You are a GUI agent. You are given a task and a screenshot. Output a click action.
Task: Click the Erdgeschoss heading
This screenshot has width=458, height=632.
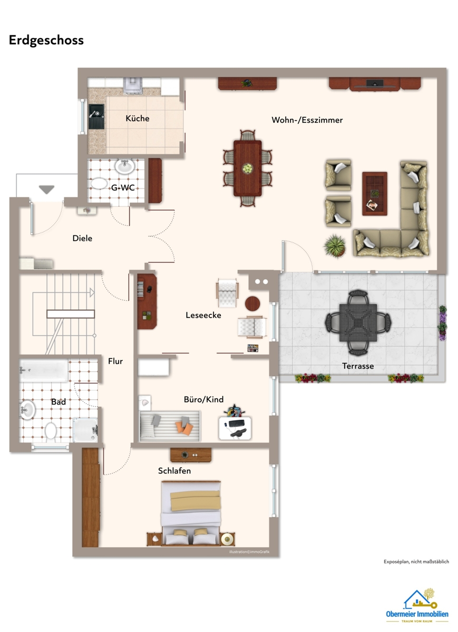[46, 41]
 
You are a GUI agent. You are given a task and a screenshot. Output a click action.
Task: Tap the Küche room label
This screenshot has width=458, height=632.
[138, 118]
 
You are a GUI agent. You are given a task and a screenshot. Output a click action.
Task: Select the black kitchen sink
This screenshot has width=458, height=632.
[96, 116]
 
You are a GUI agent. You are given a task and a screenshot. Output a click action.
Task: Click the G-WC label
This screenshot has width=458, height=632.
[123, 187]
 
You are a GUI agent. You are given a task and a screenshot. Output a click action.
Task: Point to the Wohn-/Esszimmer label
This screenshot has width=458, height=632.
[307, 120]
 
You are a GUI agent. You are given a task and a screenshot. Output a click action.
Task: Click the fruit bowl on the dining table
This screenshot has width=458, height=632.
[248, 169]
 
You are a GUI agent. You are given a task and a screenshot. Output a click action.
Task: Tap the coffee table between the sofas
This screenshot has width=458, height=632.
[375, 194]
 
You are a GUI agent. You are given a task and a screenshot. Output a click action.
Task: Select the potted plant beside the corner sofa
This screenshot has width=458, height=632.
[335, 246]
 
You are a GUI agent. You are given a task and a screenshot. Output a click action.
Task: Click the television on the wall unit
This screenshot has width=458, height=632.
[375, 83]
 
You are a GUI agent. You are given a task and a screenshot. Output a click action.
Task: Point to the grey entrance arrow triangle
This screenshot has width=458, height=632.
[46, 189]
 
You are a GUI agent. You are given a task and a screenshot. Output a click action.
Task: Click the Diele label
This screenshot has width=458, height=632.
[82, 239]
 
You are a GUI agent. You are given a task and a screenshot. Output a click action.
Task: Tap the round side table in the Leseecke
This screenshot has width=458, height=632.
[252, 303]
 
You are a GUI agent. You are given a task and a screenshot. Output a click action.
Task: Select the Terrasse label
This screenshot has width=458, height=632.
[358, 366]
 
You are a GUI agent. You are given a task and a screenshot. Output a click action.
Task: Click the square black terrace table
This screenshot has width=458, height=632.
[358, 322]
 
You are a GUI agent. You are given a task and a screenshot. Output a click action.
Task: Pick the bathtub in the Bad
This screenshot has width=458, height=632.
[44, 370]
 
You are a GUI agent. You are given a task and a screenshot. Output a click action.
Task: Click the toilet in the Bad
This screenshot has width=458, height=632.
[51, 430]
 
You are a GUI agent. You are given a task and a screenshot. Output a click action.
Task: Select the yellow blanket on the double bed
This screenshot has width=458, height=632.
[196, 500]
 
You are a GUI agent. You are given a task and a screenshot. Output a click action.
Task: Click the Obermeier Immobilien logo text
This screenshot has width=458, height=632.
[417, 614]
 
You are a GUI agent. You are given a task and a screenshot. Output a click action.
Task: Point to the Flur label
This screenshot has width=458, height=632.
[115, 361]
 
